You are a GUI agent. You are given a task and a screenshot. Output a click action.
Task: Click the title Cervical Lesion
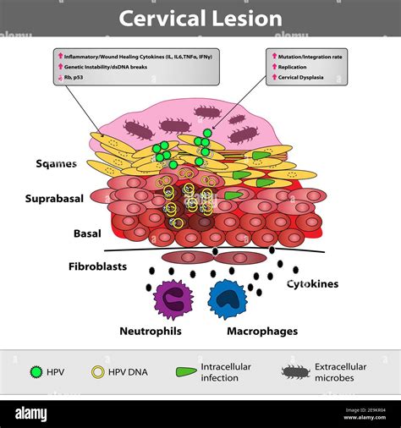(x=200, y=18)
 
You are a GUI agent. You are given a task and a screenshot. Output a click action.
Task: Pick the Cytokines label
(x=312, y=284)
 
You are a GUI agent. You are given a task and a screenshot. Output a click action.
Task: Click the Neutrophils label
(x=150, y=331)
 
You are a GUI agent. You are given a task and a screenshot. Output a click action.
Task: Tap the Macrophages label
(x=262, y=331)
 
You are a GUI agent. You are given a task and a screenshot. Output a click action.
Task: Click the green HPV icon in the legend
(x=36, y=372)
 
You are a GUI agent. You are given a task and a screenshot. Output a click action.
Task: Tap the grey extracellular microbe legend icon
(x=295, y=372)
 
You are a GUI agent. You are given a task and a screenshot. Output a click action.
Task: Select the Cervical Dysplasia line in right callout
(x=304, y=77)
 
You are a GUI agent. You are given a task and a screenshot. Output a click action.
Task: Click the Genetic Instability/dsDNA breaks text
(x=103, y=66)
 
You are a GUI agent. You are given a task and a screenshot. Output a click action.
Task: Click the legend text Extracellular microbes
(x=341, y=372)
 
